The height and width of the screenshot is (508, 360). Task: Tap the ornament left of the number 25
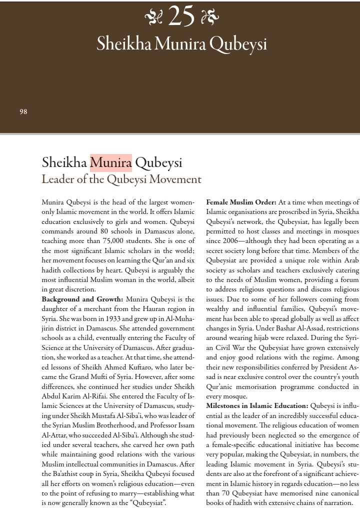click(x=153, y=18)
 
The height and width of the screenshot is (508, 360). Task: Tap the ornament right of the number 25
click(x=209, y=18)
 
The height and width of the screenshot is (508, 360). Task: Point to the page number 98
click(x=23, y=112)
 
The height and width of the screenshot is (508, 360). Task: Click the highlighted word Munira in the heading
click(x=110, y=163)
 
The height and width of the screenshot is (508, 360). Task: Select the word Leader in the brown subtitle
click(x=59, y=179)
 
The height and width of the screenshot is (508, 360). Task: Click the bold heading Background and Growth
click(x=82, y=299)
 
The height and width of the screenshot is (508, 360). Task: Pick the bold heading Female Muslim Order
click(x=241, y=202)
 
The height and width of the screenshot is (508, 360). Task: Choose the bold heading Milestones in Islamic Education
click(x=257, y=406)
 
